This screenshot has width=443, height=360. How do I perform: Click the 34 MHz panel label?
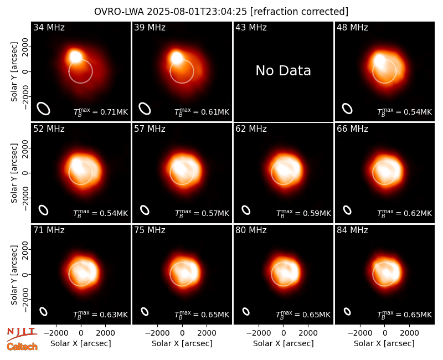coord(49,27)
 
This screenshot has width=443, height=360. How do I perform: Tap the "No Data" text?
coord(283,71)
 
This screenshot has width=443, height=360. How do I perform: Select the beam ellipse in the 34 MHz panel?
coord(44,109)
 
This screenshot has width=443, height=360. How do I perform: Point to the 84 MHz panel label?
coord(352,230)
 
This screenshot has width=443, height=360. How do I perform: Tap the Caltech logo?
coord(22,347)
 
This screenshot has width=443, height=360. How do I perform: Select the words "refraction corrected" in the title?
coord(299,12)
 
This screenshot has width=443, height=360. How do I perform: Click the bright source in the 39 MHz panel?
coord(177,58)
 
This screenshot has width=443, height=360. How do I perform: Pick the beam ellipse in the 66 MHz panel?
coord(347,210)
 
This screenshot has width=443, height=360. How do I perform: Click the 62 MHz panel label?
coord(251,129)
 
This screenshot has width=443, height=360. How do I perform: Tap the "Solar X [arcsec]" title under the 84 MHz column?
coord(384,343)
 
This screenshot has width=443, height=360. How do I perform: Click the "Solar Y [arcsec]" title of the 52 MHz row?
coord(14,173)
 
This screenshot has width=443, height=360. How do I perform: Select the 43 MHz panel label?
coord(251,27)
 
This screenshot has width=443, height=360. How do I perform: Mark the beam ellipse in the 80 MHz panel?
coord(246,311)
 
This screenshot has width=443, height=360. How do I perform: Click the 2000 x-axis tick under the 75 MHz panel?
coord(207,333)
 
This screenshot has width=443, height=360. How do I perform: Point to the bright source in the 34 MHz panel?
coord(76,56)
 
